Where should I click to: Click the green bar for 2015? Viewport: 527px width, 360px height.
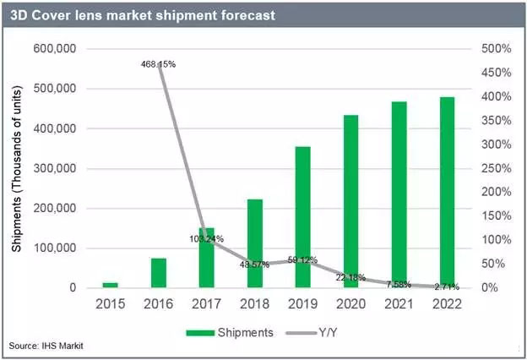(x=111, y=285)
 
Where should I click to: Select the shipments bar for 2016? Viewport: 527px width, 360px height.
(x=159, y=273)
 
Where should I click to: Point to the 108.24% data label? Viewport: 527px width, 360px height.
(x=207, y=239)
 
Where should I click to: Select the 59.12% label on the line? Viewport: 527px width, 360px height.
(x=303, y=259)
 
